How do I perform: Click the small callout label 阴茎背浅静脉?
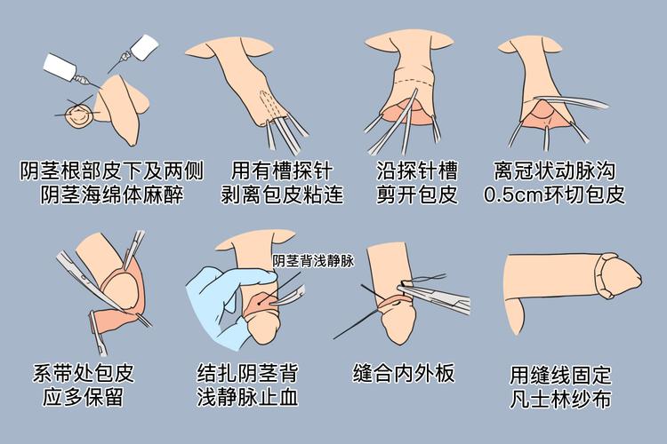coord(313,261)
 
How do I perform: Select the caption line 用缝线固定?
coord(560,374)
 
